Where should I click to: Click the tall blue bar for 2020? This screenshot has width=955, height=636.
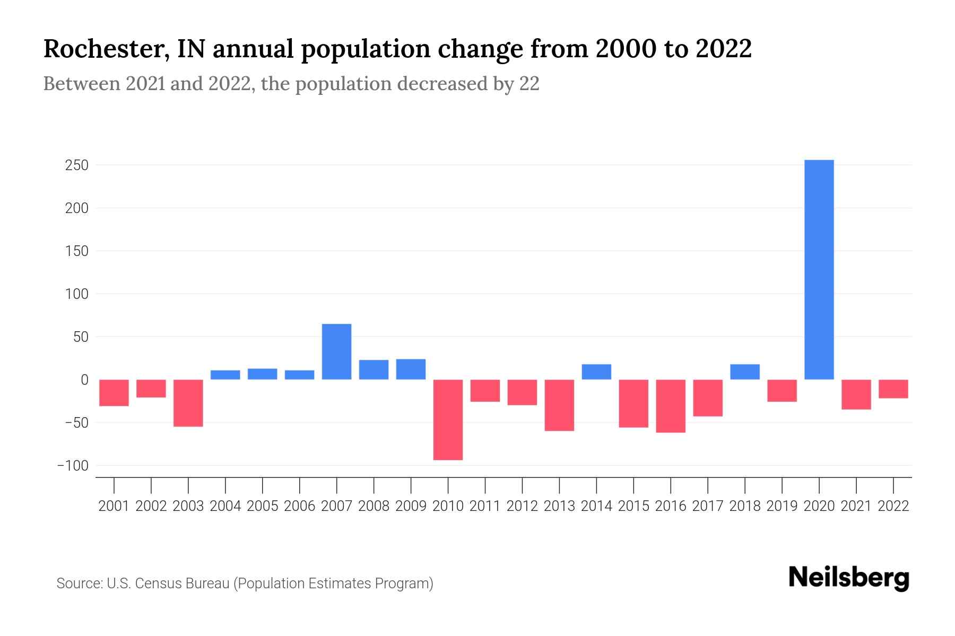point(819,269)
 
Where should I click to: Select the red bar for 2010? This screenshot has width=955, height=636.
point(448,419)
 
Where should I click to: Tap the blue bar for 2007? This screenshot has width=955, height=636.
point(336,351)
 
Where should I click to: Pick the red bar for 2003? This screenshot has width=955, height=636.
point(188,403)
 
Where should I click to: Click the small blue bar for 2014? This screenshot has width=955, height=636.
point(596,372)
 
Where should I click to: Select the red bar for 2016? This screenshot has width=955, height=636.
point(671,406)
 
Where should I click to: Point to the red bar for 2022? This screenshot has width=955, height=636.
point(893,388)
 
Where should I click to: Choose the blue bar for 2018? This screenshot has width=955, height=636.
point(745,372)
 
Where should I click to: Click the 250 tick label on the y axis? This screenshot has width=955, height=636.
point(76,165)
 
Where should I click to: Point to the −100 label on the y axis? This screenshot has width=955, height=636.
point(73,465)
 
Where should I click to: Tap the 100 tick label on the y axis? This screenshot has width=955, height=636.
point(76,294)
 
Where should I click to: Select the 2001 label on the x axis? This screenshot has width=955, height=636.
point(114,506)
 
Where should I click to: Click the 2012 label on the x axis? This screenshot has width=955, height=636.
point(522,506)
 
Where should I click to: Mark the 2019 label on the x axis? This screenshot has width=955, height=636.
point(782,506)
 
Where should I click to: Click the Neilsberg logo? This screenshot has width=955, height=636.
point(848,578)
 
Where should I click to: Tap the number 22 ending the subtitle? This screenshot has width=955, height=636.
point(529,84)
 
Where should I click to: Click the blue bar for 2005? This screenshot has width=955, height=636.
point(262,374)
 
